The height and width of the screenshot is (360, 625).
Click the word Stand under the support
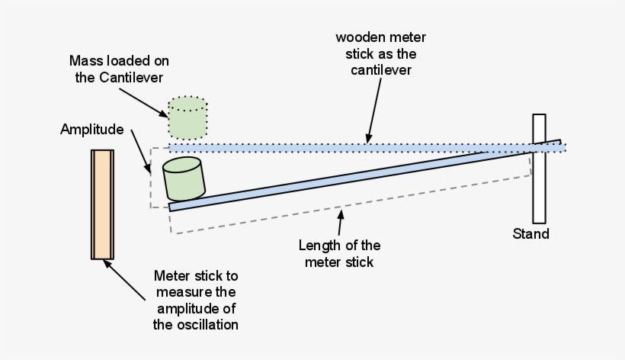[530, 233]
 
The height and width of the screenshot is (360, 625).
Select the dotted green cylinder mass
[187, 114]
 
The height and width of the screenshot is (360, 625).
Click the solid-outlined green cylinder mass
[184, 178]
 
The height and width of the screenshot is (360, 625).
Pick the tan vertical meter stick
[102, 204]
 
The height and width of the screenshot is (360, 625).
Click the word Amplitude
[91, 129]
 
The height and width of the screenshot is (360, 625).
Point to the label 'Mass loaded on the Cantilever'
[119, 69]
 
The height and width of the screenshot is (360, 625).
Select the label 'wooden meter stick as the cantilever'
[380, 53]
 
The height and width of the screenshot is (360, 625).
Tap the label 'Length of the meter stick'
[339, 254]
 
